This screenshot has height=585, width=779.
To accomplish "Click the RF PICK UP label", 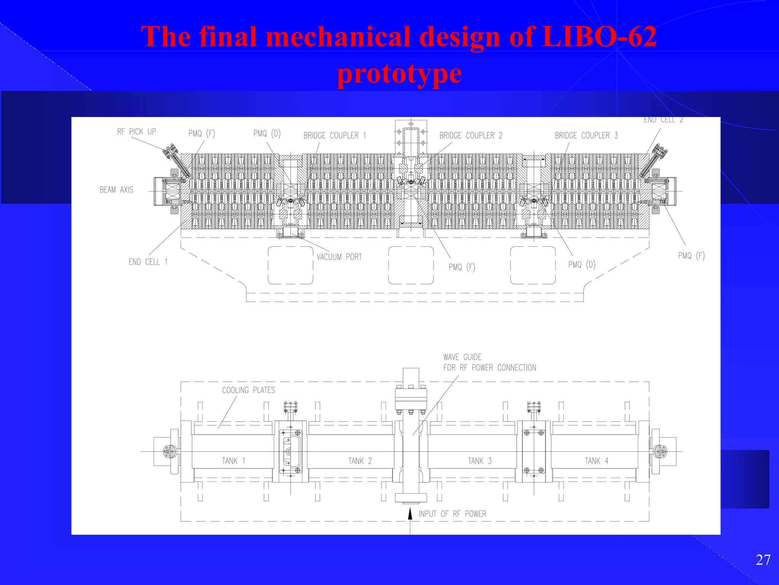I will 137,132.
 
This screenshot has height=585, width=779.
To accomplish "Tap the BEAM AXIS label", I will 116,190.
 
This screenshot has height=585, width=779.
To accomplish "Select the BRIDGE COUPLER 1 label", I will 334,136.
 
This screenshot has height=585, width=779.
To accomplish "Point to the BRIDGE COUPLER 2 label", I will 471,136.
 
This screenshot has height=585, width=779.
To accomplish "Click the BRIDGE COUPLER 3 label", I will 586,136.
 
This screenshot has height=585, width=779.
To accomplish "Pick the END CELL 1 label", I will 148,262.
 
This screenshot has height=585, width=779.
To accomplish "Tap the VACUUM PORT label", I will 339,257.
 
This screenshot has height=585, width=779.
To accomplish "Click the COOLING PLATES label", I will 248,390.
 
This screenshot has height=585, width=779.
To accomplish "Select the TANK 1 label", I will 234,461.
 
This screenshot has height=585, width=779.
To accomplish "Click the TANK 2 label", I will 360,461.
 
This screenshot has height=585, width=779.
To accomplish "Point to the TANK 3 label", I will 480,461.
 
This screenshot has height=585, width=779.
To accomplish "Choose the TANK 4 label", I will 596,461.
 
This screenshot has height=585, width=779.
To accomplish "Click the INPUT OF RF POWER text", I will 452,514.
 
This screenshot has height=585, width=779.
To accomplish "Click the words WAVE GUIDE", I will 462,357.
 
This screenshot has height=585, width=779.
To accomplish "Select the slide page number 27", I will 763,560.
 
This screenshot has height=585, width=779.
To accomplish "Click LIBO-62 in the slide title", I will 599,37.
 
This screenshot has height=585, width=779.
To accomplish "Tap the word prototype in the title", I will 399,74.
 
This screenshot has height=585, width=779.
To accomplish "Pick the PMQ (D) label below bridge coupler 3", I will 582,265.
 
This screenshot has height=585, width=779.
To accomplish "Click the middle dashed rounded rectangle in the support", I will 411,265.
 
